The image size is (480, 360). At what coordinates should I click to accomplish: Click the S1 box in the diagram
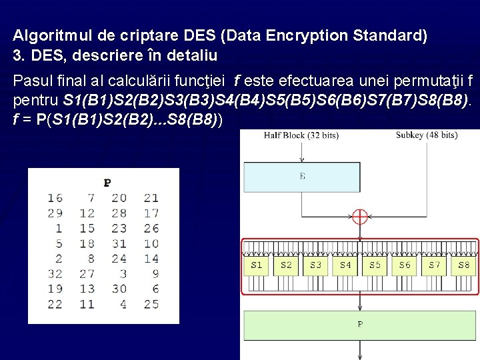pyautogui.click(x=257, y=265)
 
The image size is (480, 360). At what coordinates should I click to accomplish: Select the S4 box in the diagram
pyautogui.click(x=345, y=265)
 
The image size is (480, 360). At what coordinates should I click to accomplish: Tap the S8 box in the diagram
pyautogui.click(x=464, y=265)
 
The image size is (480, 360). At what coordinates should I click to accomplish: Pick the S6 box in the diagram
pyautogui.click(x=405, y=265)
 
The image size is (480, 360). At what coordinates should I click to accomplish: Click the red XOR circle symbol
pyautogui.click(x=360, y=217)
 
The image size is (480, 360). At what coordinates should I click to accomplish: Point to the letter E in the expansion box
pyautogui.click(x=303, y=177)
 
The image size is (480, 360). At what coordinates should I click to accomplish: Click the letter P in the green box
pyautogui.click(x=361, y=325)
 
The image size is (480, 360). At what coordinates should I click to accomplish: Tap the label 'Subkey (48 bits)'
pyautogui.click(x=427, y=135)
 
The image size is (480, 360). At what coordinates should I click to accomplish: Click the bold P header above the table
pyautogui.click(x=107, y=182)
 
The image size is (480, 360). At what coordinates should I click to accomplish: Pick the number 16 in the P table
pyautogui.click(x=55, y=197)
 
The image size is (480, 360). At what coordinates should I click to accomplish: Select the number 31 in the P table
pyautogui.click(x=119, y=243)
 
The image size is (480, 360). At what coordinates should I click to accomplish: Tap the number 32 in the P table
pyautogui.click(x=55, y=273)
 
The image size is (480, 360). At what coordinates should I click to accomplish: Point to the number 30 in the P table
pyautogui.click(x=119, y=289)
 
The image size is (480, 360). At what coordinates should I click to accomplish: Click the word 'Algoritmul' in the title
pyautogui.click(x=44, y=35)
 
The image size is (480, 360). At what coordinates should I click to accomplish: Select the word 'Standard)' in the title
pyautogui.click(x=393, y=35)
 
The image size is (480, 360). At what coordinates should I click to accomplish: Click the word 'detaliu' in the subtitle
pyautogui.click(x=194, y=54)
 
